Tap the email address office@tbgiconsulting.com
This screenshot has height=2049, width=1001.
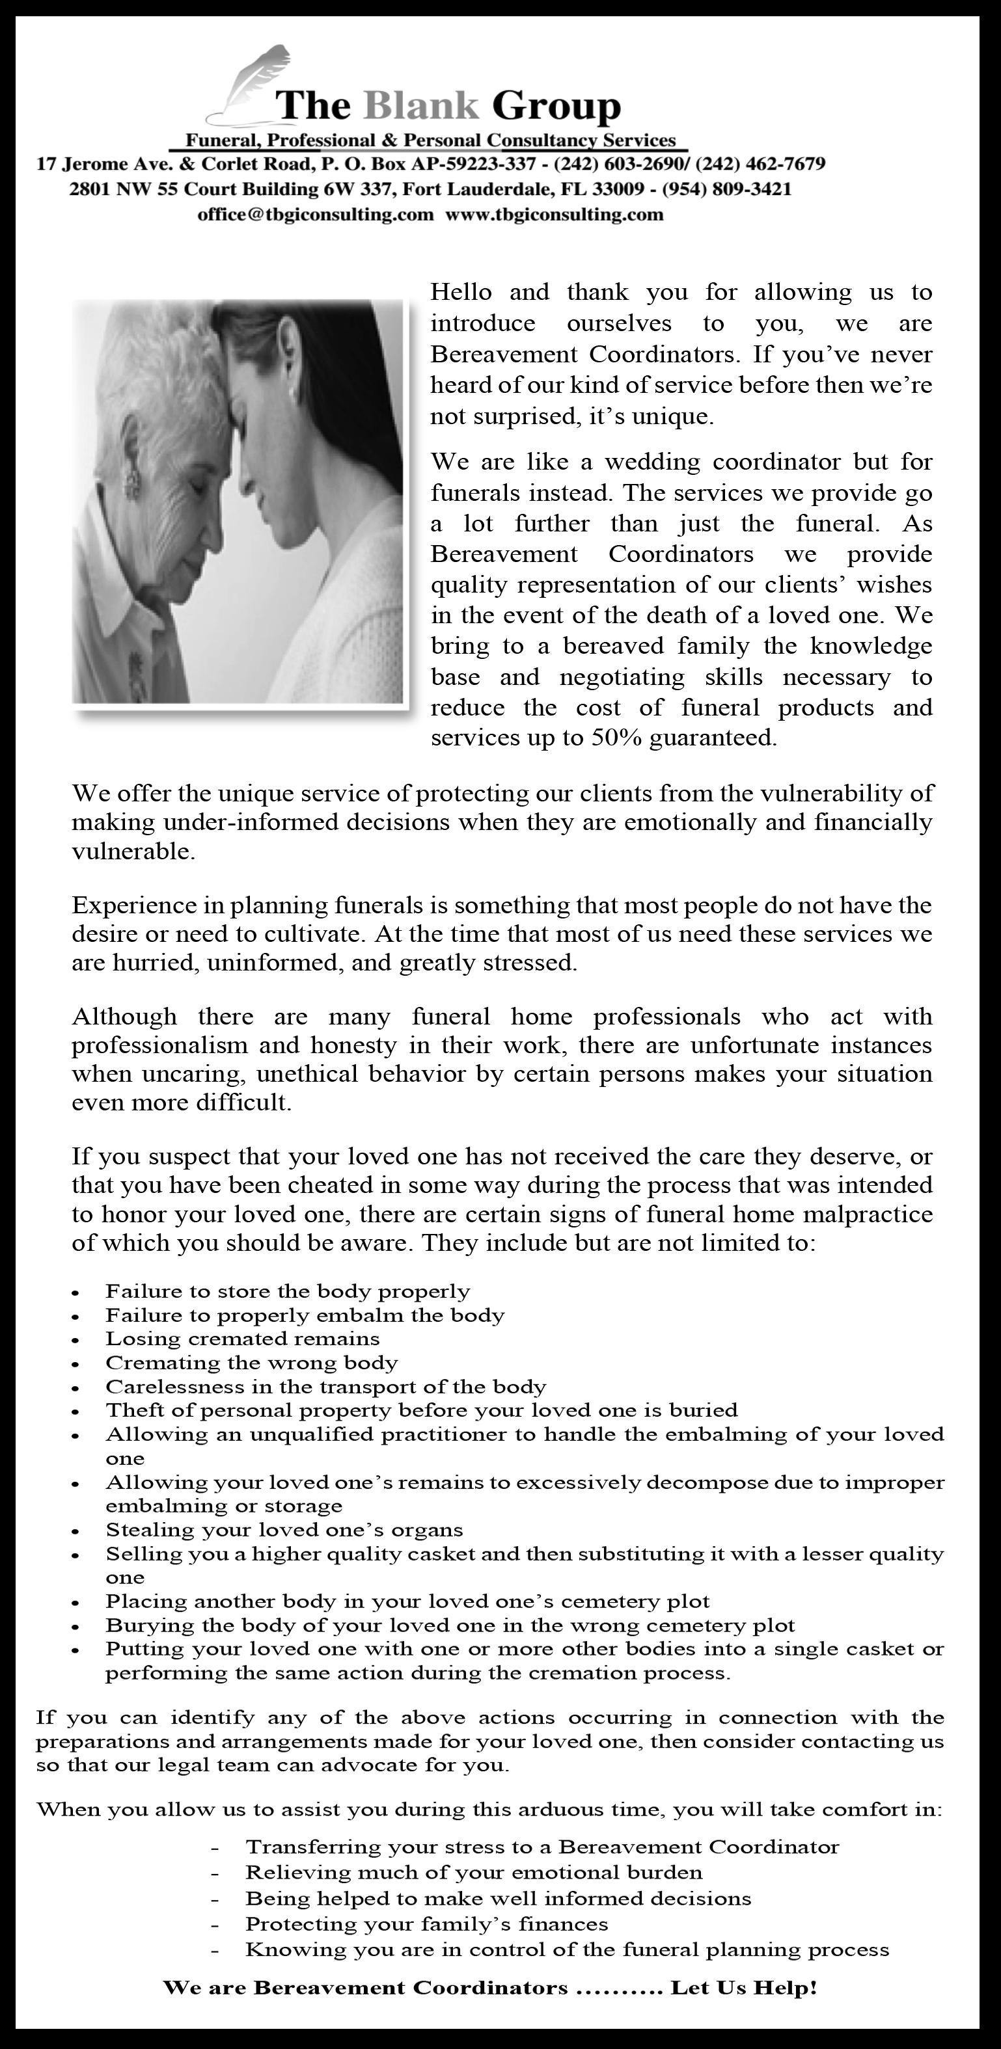tap(315, 215)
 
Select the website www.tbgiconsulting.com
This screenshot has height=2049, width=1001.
tap(554, 215)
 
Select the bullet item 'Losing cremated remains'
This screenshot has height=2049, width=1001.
tap(243, 1339)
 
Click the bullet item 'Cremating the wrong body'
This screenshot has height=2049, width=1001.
tap(251, 1363)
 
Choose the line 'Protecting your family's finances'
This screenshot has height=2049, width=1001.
tap(426, 1924)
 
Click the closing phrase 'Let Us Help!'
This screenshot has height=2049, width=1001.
tap(744, 1988)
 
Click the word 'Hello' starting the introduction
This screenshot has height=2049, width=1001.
tap(461, 293)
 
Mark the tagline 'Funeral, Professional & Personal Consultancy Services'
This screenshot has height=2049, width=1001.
tap(430, 141)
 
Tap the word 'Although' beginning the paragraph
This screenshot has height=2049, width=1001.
tap(124, 1017)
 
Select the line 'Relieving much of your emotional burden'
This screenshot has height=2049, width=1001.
tap(473, 1873)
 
